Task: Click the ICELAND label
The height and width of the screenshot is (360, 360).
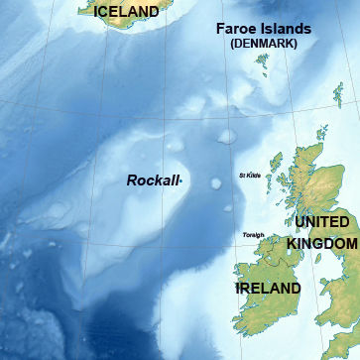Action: pos(126,12)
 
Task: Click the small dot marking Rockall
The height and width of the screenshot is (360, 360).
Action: pos(181,180)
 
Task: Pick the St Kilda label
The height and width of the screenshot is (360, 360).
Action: pos(250,176)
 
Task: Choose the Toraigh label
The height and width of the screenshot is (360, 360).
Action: pos(253,235)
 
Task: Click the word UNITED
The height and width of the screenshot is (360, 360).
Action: pos(321,222)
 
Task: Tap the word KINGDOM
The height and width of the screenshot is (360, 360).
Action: pos(321,243)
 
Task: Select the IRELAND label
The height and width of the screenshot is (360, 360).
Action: pos(268,289)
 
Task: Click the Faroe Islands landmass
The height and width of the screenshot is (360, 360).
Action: pos(263,63)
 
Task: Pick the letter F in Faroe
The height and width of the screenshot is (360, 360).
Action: pos(221,29)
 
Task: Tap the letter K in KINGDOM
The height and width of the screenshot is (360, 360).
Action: pos(293,243)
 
